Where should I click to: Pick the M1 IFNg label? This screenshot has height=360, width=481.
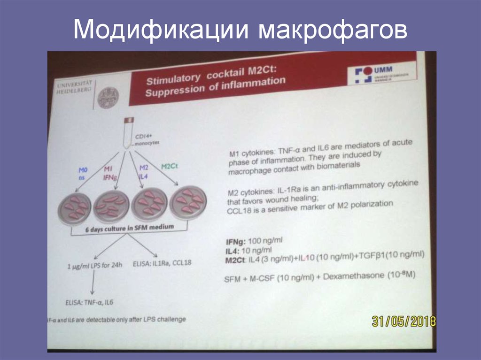click(x=109, y=172)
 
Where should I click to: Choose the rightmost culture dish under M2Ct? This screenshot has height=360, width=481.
click(x=188, y=202)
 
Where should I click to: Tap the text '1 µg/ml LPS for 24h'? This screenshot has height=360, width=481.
click(x=94, y=266)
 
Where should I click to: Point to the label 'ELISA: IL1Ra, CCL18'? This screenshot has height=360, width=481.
click(x=163, y=262)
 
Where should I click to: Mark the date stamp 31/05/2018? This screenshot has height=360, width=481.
click(x=403, y=321)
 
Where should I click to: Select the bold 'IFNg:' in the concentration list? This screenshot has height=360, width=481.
click(x=235, y=241)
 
